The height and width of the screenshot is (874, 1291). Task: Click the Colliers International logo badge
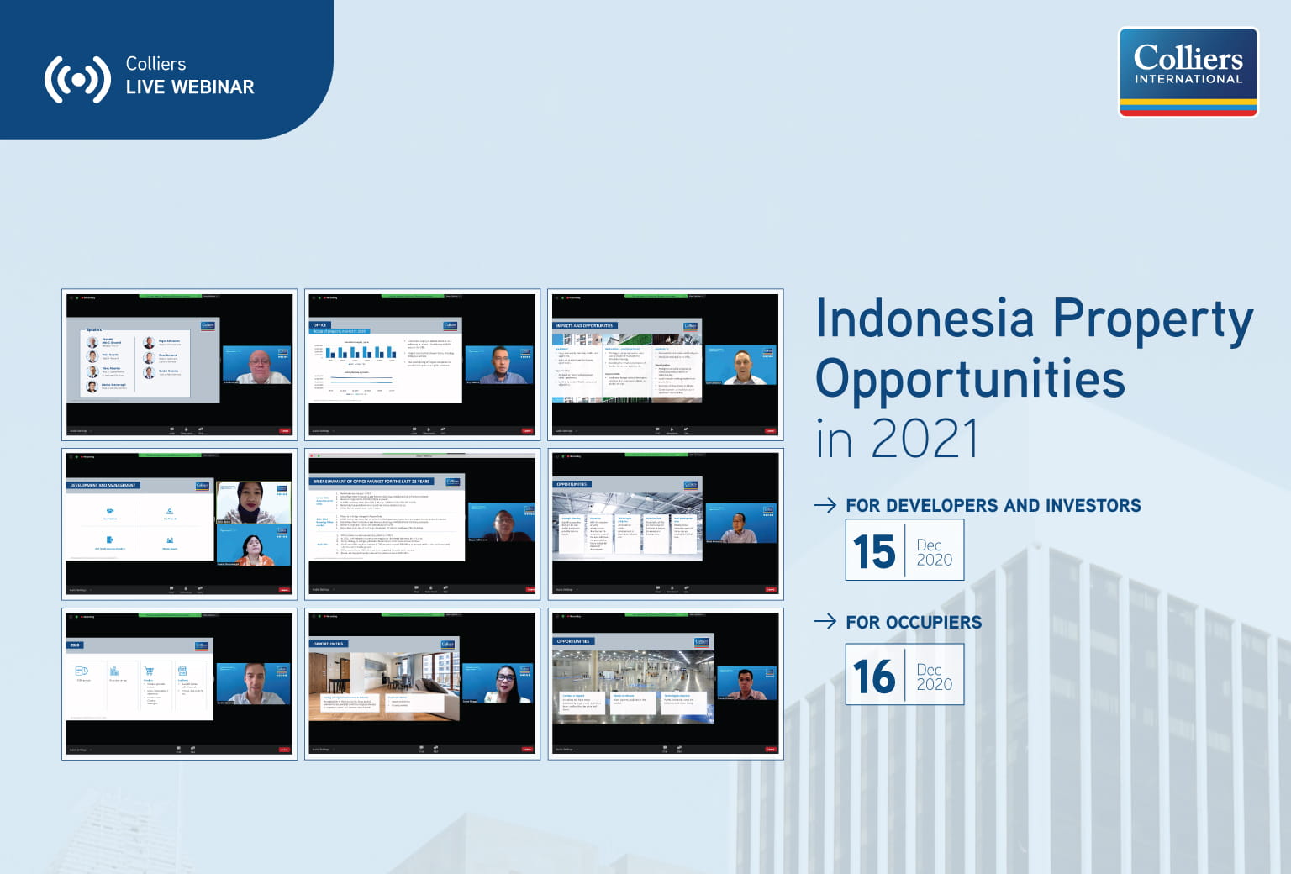tap(1188, 71)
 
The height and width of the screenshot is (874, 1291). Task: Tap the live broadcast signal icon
tap(77, 80)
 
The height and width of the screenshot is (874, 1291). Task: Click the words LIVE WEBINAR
tap(189, 87)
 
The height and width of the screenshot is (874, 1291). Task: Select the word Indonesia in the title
tap(925, 319)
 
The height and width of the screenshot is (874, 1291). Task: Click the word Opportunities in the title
tap(970, 379)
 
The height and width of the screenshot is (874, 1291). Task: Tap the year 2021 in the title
tap(925, 439)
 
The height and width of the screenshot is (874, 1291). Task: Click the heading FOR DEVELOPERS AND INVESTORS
tap(993, 506)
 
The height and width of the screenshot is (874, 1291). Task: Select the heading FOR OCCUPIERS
tap(913, 623)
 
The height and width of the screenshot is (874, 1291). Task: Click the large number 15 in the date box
tap(874, 551)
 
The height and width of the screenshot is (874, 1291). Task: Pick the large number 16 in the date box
tap(874, 676)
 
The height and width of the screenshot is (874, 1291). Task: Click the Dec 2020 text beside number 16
tap(934, 677)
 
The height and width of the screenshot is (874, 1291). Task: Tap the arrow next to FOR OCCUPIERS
tap(825, 621)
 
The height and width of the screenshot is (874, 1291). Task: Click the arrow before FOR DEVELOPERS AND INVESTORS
tap(825, 504)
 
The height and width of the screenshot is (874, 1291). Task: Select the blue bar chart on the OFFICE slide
tap(361, 352)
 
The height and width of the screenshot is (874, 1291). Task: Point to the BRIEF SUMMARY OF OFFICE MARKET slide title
tap(371, 482)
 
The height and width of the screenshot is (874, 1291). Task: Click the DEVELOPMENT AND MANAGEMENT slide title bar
tap(103, 485)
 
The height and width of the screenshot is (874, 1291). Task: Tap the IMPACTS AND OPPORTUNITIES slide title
tap(584, 325)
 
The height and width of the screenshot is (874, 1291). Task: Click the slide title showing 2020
tap(75, 645)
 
